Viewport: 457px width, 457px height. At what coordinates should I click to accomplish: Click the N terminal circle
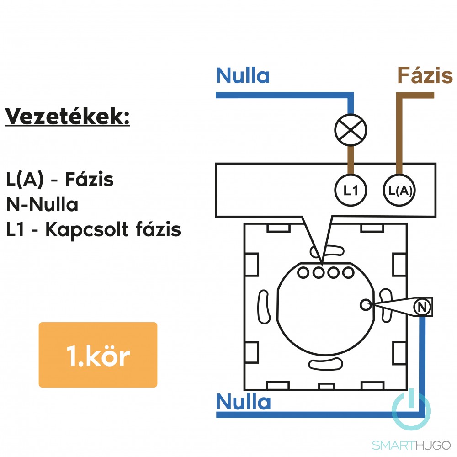click(x=423, y=307)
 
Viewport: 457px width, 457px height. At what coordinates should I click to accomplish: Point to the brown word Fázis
click(x=425, y=76)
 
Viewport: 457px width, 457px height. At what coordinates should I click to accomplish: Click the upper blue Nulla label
click(x=243, y=76)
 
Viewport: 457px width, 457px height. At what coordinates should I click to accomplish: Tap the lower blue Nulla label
click(x=243, y=402)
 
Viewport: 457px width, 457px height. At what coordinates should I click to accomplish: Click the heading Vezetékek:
click(x=68, y=117)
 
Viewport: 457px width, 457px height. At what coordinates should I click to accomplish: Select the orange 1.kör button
click(x=98, y=355)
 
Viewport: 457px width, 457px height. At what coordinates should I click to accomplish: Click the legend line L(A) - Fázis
click(x=60, y=180)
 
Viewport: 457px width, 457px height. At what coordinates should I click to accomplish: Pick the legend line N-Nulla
click(x=42, y=205)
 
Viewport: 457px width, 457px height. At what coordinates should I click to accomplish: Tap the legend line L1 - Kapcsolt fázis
click(x=94, y=230)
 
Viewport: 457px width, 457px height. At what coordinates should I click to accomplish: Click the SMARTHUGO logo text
click(x=411, y=445)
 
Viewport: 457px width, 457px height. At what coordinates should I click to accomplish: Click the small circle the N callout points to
click(x=365, y=304)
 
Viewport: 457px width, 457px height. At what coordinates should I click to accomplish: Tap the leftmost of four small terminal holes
click(x=303, y=273)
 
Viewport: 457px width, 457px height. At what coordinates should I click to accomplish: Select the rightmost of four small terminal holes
click(x=349, y=273)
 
